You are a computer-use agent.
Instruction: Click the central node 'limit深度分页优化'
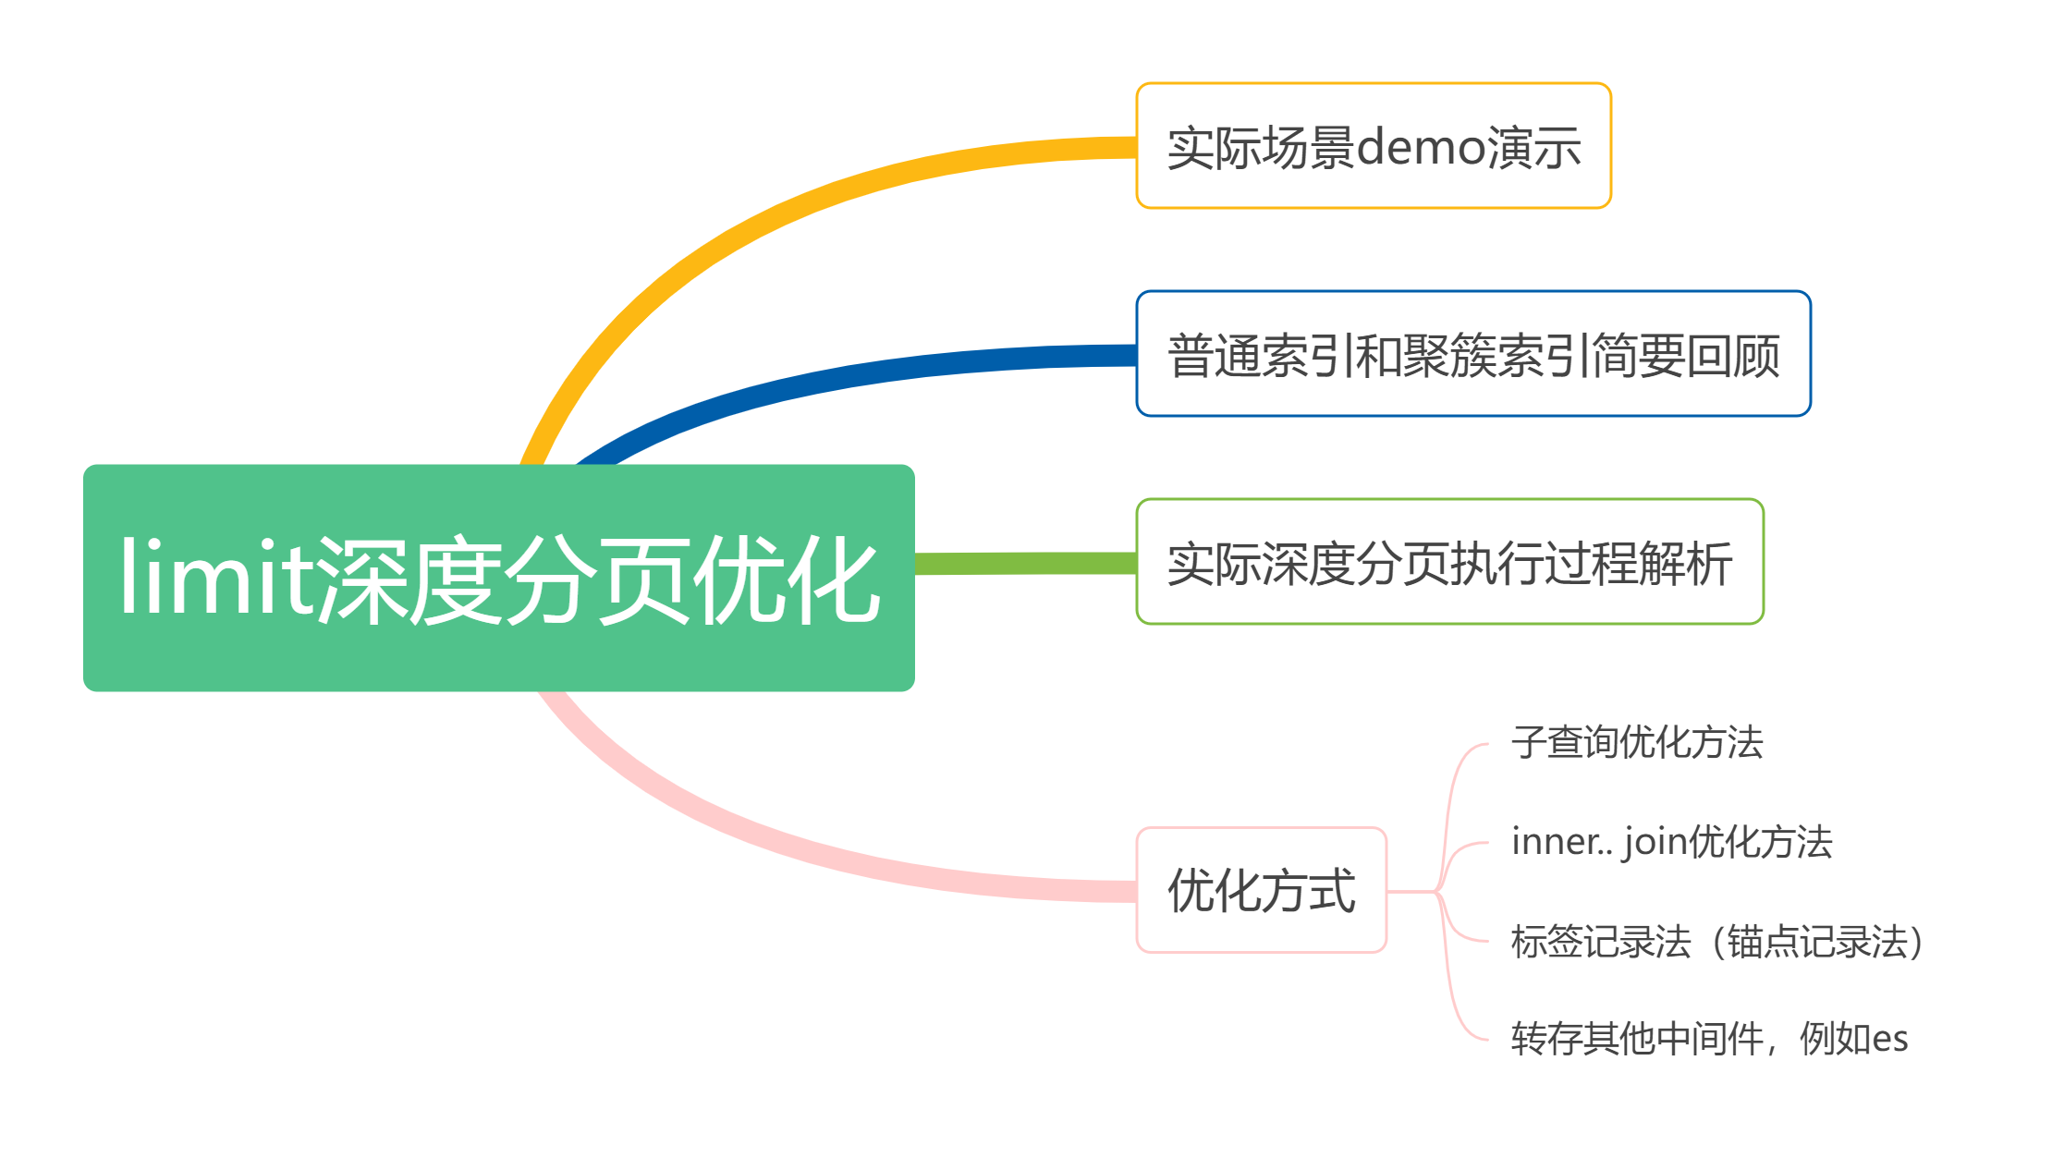[499, 578]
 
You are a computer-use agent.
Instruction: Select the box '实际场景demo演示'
[1374, 146]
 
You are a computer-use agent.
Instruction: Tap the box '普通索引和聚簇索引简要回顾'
[1473, 354]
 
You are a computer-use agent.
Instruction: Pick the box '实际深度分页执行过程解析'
[1450, 562]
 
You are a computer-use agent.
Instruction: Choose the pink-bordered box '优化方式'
[1262, 890]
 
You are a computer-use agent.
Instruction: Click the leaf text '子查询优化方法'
[1637, 742]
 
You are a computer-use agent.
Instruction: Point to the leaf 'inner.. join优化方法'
[1671, 842]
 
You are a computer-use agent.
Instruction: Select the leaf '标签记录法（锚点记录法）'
[1720, 942]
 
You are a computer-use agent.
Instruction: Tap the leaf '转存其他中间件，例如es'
[1709, 1039]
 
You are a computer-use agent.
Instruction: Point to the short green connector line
[1026, 563]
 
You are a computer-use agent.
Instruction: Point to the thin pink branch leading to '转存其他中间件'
[1455, 980]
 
